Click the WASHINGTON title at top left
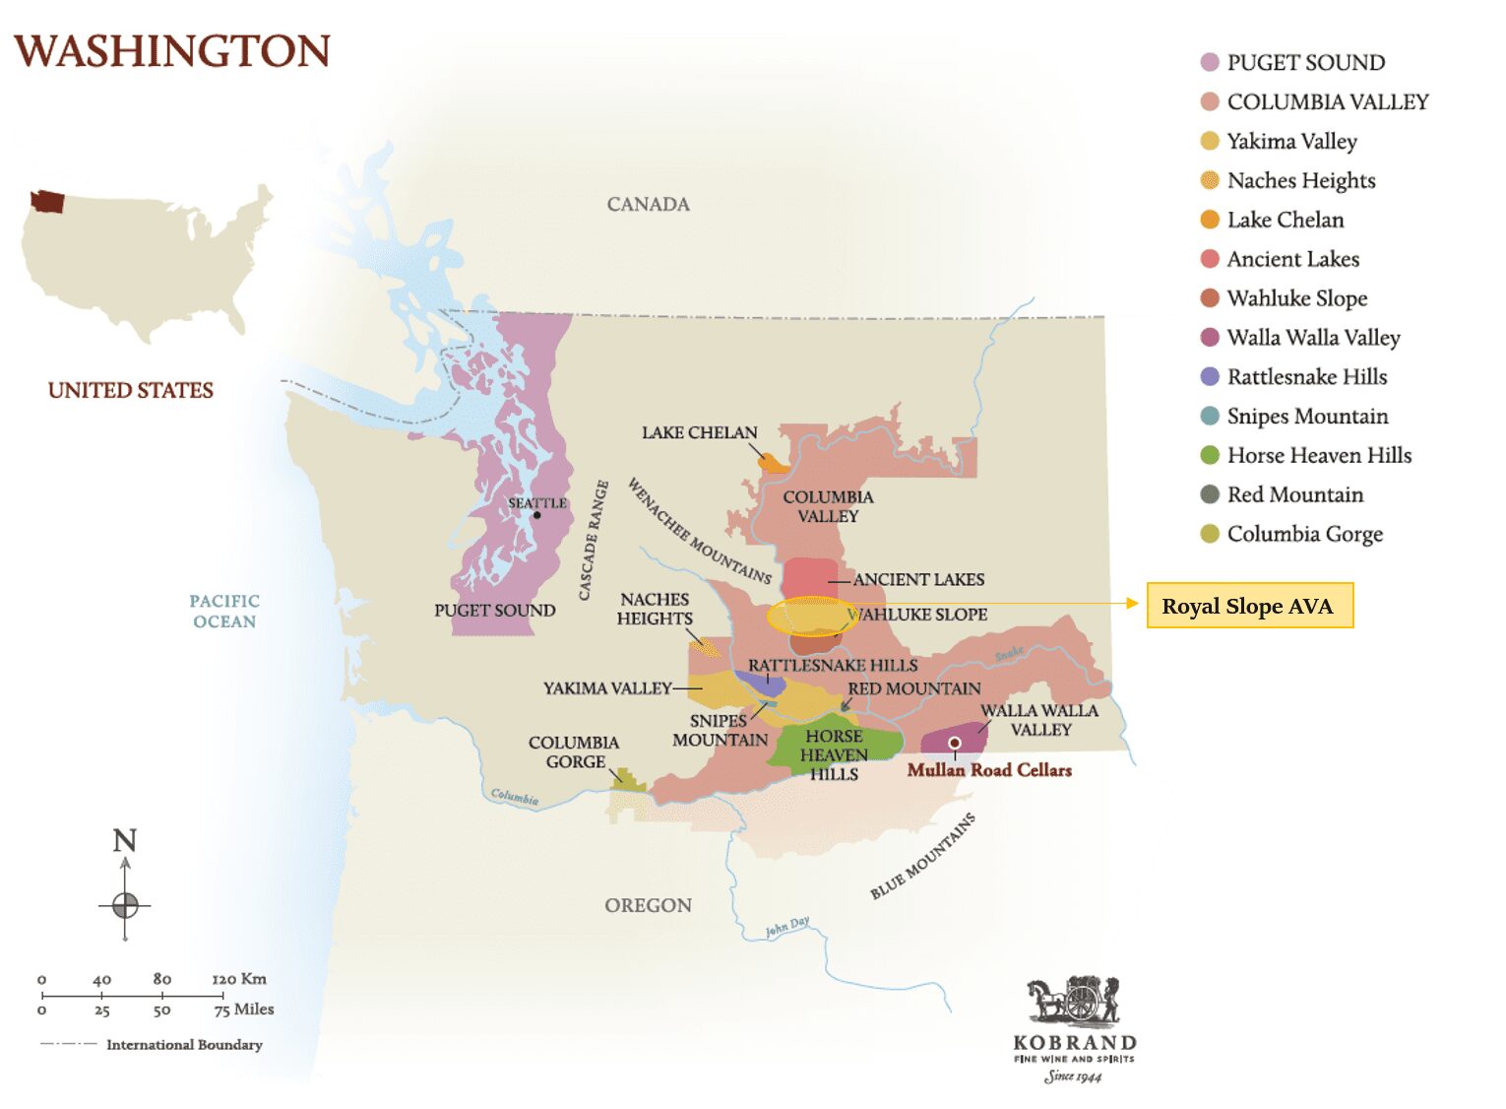(172, 51)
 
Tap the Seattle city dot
(536, 515)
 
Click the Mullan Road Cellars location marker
(954, 743)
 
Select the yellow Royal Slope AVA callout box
(1249, 605)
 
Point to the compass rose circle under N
(125, 904)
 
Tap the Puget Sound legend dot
(1210, 62)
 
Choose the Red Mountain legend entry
(1294, 494)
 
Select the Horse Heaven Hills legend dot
(1210, 455)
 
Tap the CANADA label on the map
(648, 204)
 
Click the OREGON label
(648, 905)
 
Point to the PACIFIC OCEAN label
(224, 611)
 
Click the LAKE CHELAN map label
(699, 432)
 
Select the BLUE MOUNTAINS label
(922, 856)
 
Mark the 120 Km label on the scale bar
(239, 979)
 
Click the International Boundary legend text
(184, 1044)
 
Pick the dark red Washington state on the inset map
(47, 202)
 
